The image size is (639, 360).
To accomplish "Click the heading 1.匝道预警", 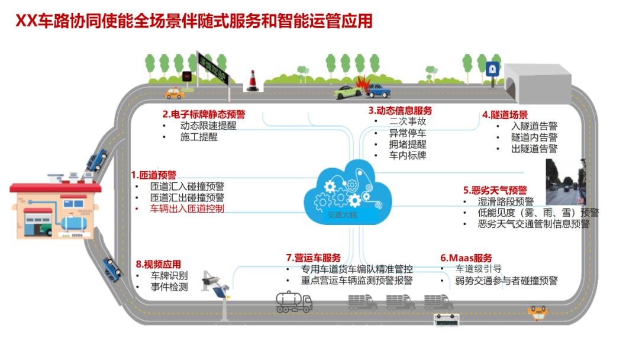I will point(154,175).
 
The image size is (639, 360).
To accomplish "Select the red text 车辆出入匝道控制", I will point(187,208).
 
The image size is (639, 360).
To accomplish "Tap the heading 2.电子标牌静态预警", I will point(204,114).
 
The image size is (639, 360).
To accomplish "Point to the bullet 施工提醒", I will point(199,137).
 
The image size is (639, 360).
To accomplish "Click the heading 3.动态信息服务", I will point(400,110).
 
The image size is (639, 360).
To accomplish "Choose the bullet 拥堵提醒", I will point(407,144).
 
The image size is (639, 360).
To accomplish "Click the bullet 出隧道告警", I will point(534,149).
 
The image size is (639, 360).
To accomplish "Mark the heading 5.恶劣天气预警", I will point(495,190).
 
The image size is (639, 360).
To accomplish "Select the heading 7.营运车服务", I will point(313,258).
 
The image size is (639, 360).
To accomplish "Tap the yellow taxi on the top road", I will point(174,92).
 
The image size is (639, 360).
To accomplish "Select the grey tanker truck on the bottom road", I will point(294,302).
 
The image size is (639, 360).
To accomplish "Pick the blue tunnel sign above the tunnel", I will point(490,70).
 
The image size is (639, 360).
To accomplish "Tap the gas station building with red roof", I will point(55,213).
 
